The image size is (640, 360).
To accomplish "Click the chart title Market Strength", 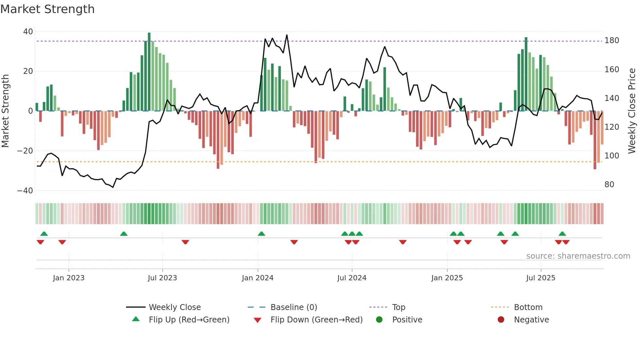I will [47, 9].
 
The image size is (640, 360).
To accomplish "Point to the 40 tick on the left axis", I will [28, 32].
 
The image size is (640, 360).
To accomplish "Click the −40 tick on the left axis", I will [25, 191].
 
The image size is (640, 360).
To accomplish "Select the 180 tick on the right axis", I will [612, 41].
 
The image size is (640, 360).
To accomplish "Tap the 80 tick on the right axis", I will [609, 185].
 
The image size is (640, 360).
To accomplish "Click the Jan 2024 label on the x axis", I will [257, 278].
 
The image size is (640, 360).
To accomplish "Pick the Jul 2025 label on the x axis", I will [540, 278].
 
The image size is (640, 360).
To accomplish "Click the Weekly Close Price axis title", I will [632, 111].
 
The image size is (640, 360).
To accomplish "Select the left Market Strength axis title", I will [6, 111].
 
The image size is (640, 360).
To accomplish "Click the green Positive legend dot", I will [379, 320].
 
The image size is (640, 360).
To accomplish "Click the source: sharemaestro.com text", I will [578, 256].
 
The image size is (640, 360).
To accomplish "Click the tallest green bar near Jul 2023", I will [149, 72].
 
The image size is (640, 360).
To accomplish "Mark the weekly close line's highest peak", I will [287, 35].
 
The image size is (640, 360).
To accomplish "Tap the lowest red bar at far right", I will [595, 140].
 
